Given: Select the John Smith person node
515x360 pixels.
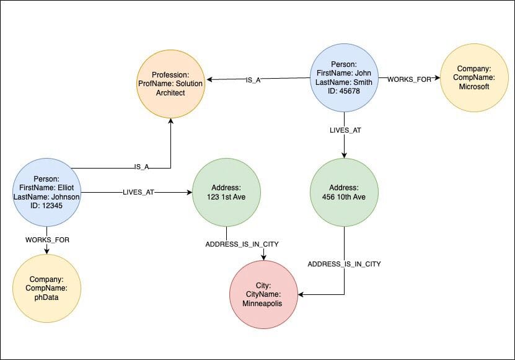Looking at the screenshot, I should pos(344,78).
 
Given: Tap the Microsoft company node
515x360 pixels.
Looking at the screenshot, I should pos(474,78).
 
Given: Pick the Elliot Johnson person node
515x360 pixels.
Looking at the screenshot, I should pos(46,192).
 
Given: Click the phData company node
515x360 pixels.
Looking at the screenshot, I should pos(46,288).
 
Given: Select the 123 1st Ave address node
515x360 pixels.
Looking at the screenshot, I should pos(226,192).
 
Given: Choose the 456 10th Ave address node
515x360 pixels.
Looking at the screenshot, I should pos(344,192).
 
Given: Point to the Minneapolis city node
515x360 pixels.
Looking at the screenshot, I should pos(263,294).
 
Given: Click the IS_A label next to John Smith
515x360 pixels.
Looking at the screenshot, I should pos(253,80).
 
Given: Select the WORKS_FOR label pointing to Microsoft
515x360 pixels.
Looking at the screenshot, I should pos(409,79).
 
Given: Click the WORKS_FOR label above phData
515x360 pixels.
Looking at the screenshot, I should pos(47,239).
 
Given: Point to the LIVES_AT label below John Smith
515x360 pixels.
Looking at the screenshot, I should pos(345,130).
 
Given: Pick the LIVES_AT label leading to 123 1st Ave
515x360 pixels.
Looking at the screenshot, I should pos(138,193).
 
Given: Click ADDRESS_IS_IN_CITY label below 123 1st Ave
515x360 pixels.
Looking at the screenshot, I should pos(242,244).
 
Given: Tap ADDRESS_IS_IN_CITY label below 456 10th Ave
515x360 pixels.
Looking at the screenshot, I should pos(345,264).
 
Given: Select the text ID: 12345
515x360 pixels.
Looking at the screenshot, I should pos(46,206).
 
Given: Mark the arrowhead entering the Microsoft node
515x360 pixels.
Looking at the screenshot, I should pos(437,78).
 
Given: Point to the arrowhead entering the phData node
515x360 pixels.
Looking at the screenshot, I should pos(47,250).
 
